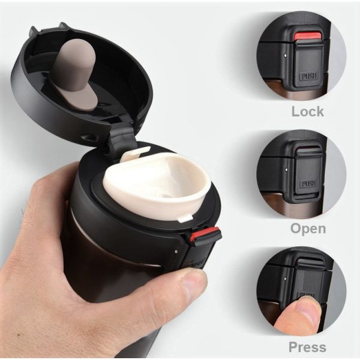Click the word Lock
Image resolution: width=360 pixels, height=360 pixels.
click(x=308, y=112)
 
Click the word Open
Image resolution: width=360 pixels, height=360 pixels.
click(x=308, y=229)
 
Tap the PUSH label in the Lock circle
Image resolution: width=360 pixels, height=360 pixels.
click(x=309, y=76)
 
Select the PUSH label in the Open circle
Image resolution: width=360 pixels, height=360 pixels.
click(x=309, y=184)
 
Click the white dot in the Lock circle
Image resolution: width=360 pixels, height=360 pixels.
click(x=285, y=55)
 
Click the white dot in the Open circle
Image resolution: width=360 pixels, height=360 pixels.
click(x=286, y=170)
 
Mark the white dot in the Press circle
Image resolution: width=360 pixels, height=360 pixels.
click(x=285, y=279)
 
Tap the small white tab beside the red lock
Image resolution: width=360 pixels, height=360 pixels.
click(x=185, y=218)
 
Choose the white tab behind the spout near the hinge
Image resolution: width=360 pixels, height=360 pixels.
click(x=136, y=152)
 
